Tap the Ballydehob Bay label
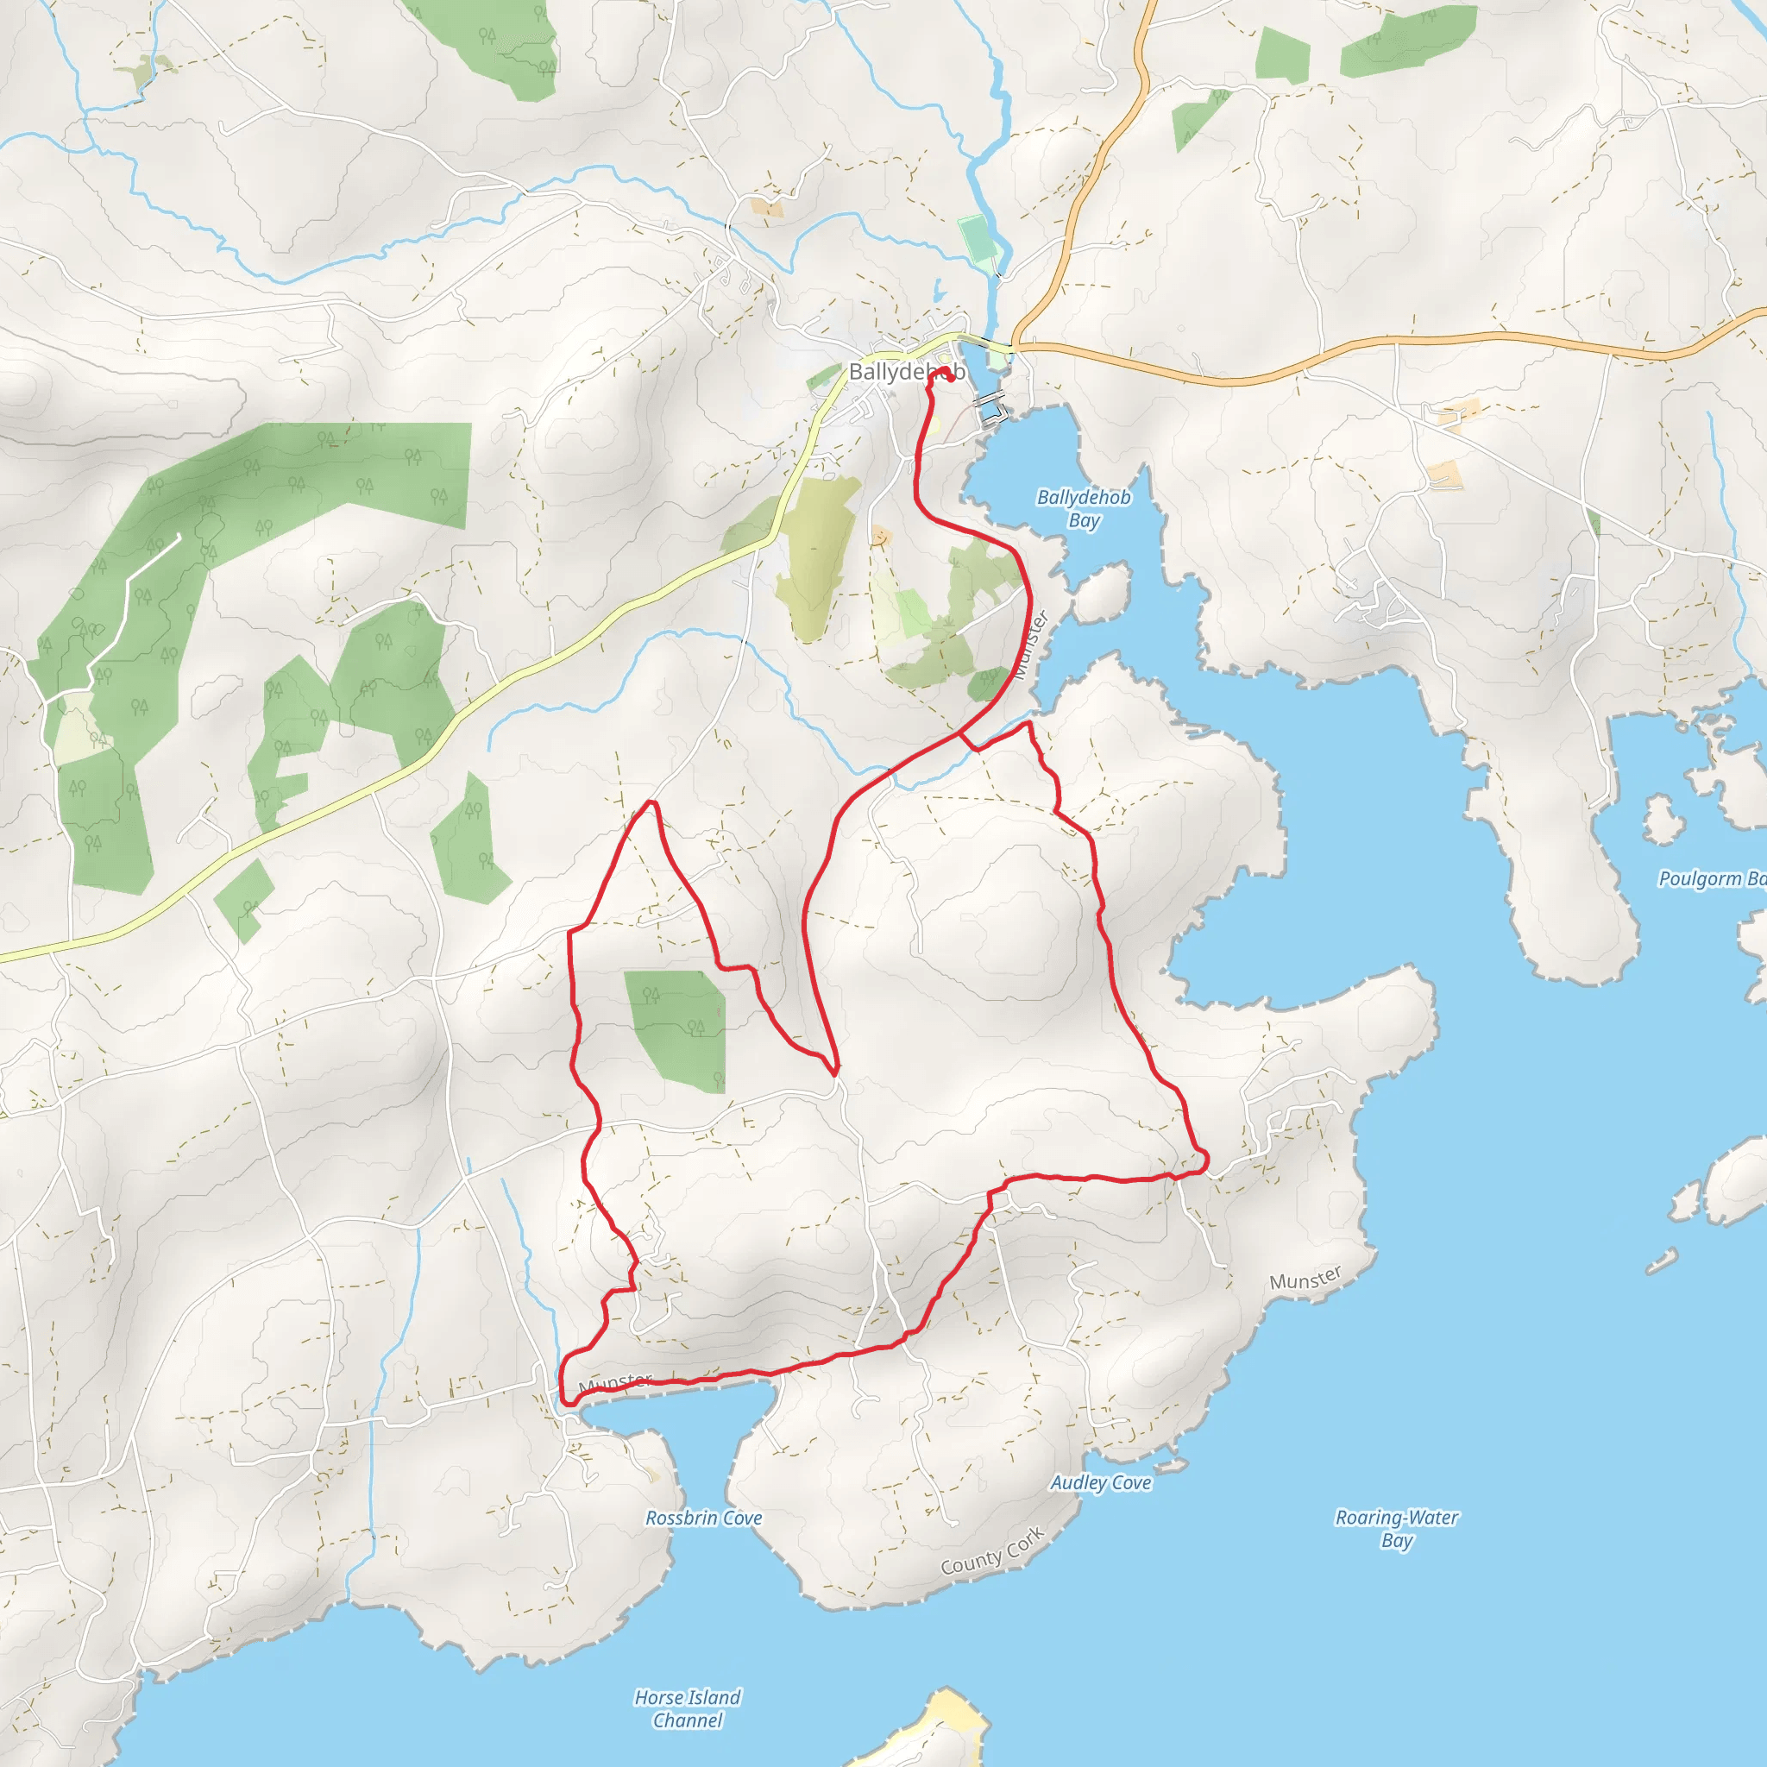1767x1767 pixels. [x=1083, y=508]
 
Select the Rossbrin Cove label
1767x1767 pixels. [x=703, y=1519]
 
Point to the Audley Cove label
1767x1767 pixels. [x=1100, y=1482]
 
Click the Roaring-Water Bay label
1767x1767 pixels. [x=1397, y=1528]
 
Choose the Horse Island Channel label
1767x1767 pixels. [x=688, y=1708]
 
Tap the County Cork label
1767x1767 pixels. [x=992, y=1551]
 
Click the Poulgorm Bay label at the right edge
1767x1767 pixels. [x=1711, y=879]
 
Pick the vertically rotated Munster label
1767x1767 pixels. [x=1031, y=645]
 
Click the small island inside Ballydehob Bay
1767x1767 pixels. [x=1102, y=593]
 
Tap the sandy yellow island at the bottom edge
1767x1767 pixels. [x=951, y=1728]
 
